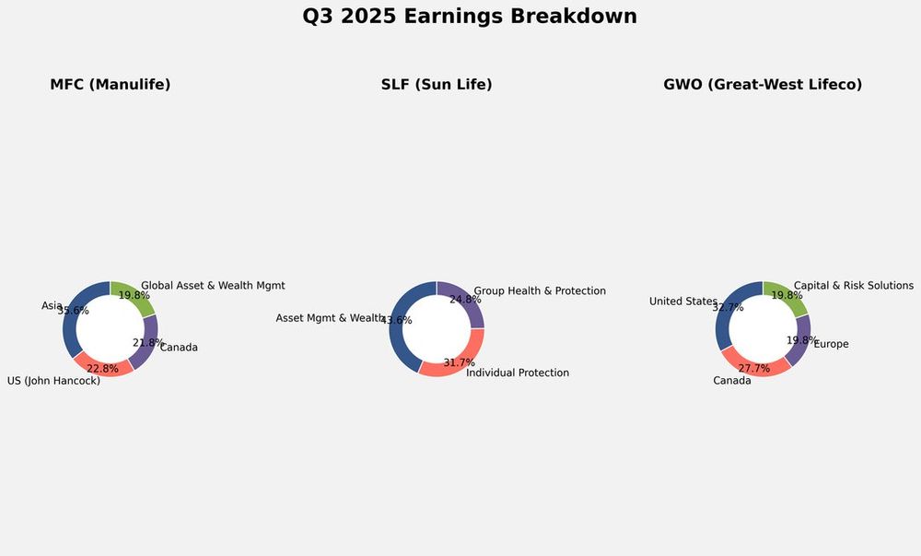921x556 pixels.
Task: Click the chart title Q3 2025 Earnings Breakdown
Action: pos(470,17)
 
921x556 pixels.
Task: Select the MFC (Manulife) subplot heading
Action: pos(111,85)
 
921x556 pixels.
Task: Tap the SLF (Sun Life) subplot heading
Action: pos(437,85)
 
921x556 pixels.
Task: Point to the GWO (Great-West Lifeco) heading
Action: pos(763,85)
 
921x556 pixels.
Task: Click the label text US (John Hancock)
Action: pos(53,381)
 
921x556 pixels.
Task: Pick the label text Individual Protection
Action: pos(518,373)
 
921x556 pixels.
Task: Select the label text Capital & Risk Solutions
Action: pos(854,286)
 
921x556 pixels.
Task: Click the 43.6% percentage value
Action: pos(396,321)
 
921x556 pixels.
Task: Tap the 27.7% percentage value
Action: pos(753,369)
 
